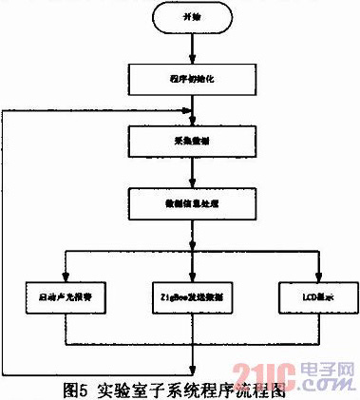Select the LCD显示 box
tap(318, 296)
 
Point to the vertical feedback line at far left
tap(5, 238)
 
